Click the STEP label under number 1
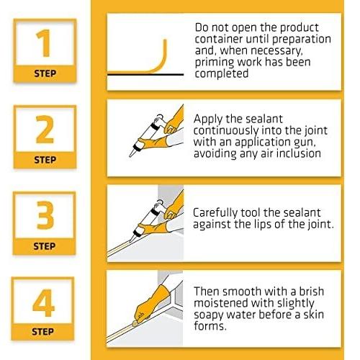point(45,73)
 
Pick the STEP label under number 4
point(42,332)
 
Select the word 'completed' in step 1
point(221,73)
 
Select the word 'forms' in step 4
point(210,326)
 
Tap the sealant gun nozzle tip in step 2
point(130,156)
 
